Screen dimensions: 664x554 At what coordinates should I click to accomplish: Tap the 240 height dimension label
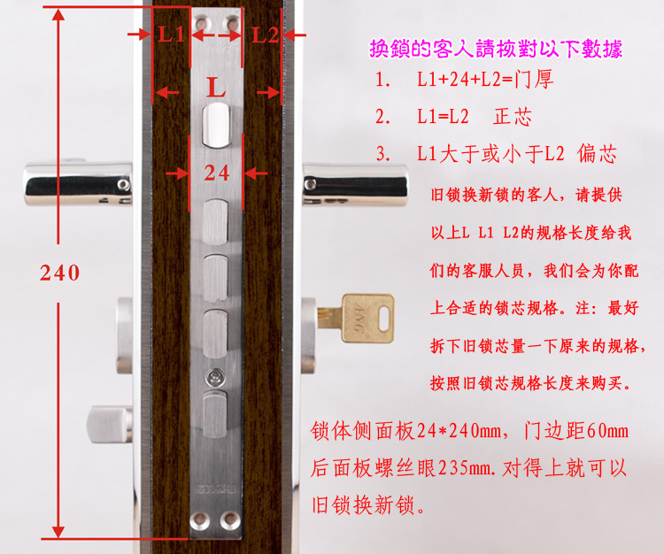point(59,273)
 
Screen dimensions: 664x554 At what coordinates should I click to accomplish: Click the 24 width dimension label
point(216,173)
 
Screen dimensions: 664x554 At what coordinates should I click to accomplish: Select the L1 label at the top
point(171,35)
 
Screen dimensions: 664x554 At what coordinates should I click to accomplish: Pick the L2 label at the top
point(265,35)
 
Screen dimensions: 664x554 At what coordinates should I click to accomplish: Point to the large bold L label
point(216,88)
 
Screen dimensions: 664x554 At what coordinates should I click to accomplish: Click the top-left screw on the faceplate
point(201,22)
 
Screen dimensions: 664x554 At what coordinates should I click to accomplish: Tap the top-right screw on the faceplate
point(232,22)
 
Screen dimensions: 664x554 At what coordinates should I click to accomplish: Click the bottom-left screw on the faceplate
point(199,520)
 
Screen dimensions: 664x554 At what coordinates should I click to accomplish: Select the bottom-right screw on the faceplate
point(230,520)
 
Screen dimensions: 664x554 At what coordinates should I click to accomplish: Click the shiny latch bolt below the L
point(216,126)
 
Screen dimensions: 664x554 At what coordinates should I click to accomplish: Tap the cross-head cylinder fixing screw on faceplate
point(215,378)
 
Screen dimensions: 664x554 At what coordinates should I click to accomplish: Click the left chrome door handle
point(78,184)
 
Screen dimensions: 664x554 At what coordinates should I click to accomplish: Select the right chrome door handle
point(355,185)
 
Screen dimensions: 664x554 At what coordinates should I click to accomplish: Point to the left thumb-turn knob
point(110,425)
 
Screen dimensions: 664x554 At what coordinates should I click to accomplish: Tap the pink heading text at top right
point(496,49)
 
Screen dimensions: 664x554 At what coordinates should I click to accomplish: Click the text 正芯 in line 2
point(513,117)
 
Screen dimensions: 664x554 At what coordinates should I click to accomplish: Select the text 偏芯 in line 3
point(597,154)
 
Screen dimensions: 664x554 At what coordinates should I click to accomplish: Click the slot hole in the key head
point(384,319)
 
